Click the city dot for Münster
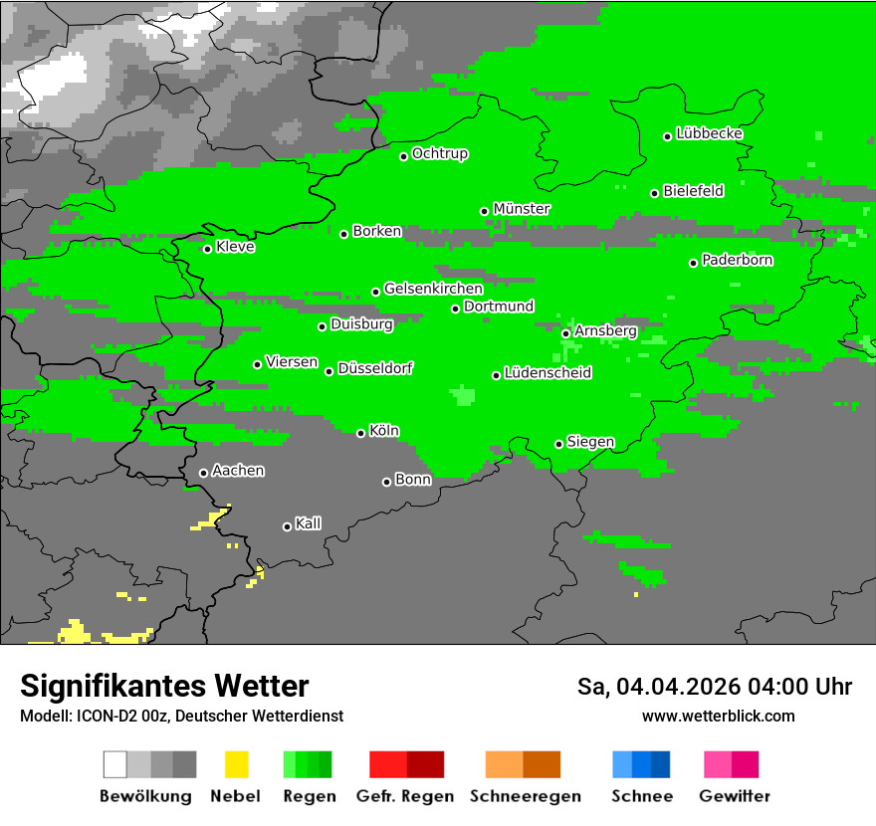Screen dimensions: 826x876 [x=485, y=211]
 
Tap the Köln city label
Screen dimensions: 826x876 [x=384, y=431]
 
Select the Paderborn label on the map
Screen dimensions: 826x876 [x=738, y=261]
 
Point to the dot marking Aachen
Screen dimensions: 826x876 [x=204, y=473]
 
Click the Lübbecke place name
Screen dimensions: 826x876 [x=710, y=133]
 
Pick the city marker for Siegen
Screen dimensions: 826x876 [x=559, y=444]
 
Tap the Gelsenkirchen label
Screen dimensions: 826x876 [x=433, y=289]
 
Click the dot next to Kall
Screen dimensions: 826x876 [x=288, y=526]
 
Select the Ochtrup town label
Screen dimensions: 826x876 [x=440, y=154]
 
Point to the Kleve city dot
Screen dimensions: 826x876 [x=208, y=249]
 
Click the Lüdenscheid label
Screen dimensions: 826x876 [x=548, y=373]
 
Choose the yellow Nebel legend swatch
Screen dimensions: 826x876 [x=236, y=764]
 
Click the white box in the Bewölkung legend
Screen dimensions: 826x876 [x=115, y=764]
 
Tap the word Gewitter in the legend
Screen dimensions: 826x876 [x=735, y=796]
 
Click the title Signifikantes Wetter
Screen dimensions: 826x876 [x=164, y=686]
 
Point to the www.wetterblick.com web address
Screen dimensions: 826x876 [x=718, y=716]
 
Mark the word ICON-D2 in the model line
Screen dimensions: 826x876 [x=103, y=716]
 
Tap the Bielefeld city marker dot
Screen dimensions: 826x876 [x=655, y=193]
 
